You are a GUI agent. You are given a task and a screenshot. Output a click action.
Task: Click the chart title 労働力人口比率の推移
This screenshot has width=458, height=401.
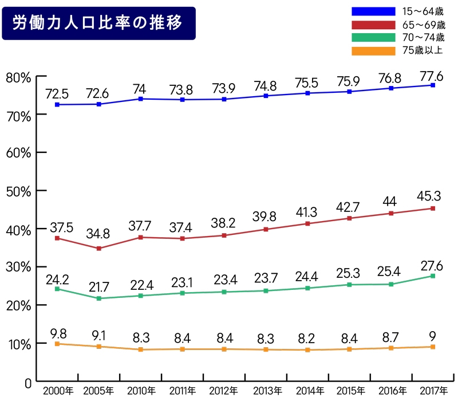click(98, 23)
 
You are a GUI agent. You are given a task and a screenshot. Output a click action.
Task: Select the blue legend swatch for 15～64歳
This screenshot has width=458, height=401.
click(373, 11)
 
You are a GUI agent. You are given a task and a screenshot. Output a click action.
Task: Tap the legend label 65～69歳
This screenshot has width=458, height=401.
click(424, 25)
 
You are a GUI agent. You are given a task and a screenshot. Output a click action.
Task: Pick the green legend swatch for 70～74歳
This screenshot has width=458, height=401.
click(373, 38)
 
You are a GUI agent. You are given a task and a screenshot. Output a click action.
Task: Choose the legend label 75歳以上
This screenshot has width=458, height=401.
click(423, 50)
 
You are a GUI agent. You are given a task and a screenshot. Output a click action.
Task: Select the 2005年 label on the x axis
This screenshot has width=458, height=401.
click(99, 391)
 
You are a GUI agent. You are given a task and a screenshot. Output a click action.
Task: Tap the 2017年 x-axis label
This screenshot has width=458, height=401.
click(433, 391)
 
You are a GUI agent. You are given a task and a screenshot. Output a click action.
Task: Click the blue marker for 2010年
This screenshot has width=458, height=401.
click(140, 99)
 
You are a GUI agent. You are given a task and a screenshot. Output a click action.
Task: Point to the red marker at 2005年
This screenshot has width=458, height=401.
click(98, 248)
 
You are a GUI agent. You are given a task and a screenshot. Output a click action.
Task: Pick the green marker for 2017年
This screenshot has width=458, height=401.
click(433, 276)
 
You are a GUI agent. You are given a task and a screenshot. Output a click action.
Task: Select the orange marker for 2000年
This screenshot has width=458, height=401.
click(57, 344)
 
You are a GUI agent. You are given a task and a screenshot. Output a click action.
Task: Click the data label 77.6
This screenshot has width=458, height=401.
click(433, 74)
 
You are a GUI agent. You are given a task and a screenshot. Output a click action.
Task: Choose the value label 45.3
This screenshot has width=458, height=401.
click(433, 196)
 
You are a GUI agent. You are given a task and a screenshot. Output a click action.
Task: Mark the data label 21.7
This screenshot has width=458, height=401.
click(98, 285)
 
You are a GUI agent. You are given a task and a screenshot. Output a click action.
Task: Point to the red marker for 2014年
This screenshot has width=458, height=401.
click(307, 223)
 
